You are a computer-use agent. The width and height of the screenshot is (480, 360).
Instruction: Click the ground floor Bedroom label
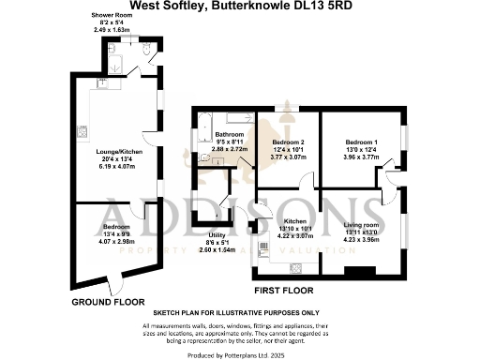click(116, 228)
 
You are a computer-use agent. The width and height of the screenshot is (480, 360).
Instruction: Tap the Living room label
click(359, 225)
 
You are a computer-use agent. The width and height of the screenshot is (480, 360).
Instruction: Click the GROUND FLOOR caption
click(109, 303)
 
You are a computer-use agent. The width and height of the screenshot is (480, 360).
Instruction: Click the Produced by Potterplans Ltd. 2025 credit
click(241, 353)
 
